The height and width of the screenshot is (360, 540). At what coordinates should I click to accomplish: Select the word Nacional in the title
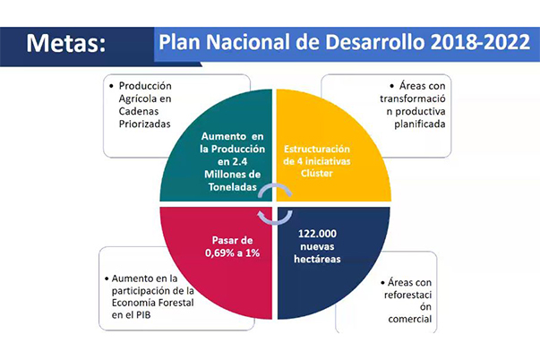(x=251, y=41)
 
